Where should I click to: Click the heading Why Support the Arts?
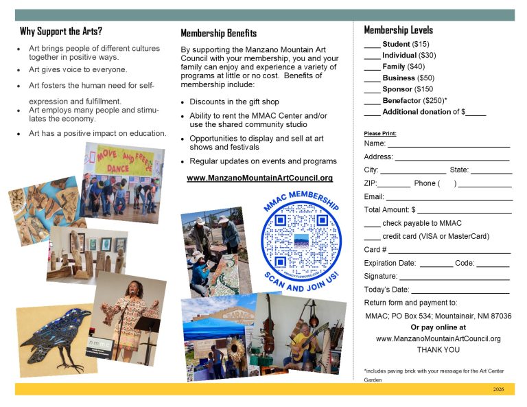coord(61,31)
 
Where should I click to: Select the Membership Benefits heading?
coord(218,33)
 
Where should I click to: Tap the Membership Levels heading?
coord(398,30)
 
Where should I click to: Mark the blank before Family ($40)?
coord(372,68)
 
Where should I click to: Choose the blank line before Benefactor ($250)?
coord(372,102)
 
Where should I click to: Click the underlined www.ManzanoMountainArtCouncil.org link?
coord(259,178)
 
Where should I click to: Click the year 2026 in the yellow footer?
coord(499,389)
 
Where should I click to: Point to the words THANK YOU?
coord(438,350)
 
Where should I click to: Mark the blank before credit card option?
coord(372,237)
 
